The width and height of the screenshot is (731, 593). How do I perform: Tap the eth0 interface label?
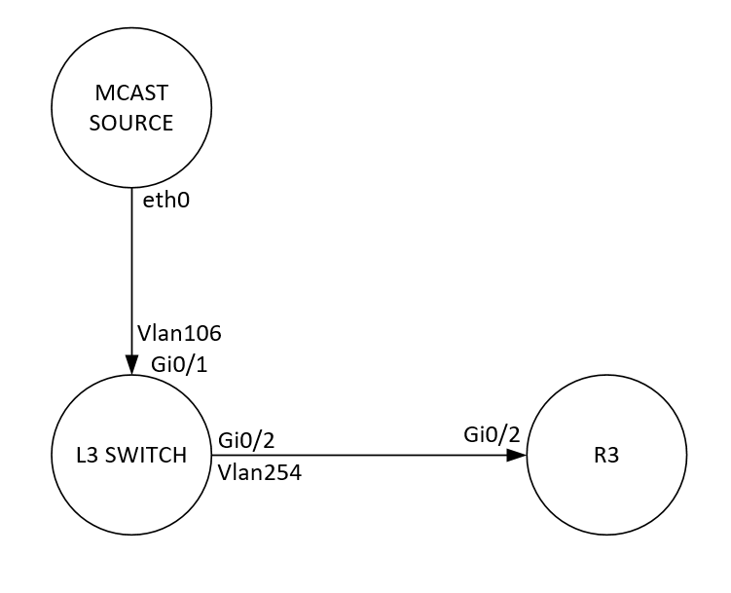163,204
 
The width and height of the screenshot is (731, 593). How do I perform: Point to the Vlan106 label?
180,334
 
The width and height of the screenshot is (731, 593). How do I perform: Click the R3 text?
606,455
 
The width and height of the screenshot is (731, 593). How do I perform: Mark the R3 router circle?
606,487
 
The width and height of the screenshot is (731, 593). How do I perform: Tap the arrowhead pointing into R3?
519,455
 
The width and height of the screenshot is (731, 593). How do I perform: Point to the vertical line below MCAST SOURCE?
130,273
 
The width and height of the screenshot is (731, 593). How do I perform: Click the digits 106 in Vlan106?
203,334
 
